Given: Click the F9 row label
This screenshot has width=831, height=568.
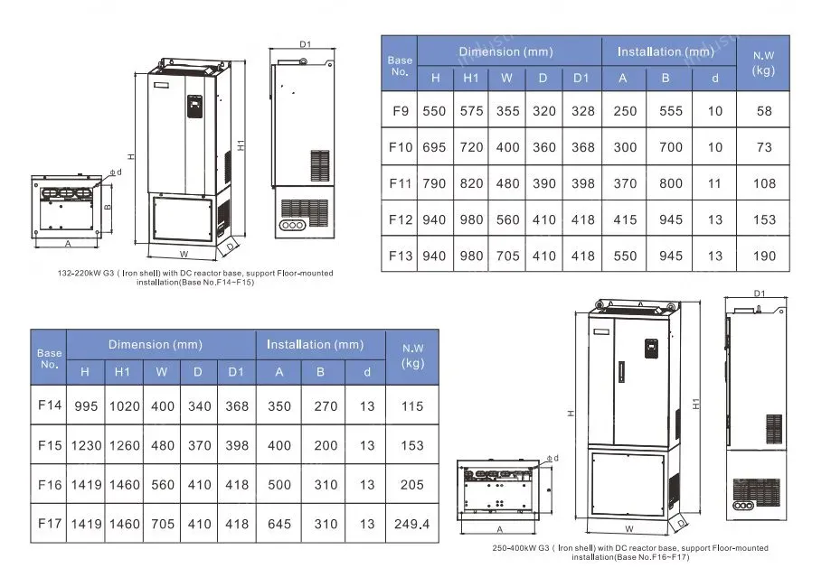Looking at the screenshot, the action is [x=401, y=111].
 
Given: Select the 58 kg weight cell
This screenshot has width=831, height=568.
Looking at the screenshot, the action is [x=764, y=111].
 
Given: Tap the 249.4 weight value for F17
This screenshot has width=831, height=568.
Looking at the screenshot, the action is [x=411, y=524].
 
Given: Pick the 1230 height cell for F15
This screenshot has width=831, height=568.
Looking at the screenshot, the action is [x=86, y=446].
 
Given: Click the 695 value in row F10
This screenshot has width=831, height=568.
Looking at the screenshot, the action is [x=434, y=147].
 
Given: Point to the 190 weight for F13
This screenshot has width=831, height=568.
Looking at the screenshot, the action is [x=764, y=256].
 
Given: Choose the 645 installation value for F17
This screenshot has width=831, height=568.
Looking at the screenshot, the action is [x=279, y=524].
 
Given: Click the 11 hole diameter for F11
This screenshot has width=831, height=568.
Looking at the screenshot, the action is [x=714, y=183].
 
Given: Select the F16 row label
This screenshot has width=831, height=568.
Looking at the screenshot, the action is [x=50, y=485].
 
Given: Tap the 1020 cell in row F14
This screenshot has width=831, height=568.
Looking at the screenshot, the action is [x=125, y=406].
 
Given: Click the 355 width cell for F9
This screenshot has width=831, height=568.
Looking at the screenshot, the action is [x=507, y=111].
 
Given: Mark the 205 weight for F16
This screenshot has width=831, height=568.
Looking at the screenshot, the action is [x=411, y=485].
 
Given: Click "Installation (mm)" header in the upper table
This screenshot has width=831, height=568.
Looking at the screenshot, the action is [x=666, y=51].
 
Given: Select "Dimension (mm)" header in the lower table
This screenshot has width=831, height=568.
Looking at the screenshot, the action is [x=156, y=345].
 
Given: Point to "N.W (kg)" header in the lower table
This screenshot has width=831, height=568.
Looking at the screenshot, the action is [x=412, y=356].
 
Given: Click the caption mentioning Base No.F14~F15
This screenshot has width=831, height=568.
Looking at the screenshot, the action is [x=195, y=278].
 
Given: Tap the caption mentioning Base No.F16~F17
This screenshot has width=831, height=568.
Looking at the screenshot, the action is [x=630, y=553].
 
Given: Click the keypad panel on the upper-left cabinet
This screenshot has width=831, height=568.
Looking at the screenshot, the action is [x=194, y=107].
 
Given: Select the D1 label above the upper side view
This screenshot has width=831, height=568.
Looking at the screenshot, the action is [x=306, y=44].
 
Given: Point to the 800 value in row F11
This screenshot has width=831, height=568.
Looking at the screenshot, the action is [x=670, y=183].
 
